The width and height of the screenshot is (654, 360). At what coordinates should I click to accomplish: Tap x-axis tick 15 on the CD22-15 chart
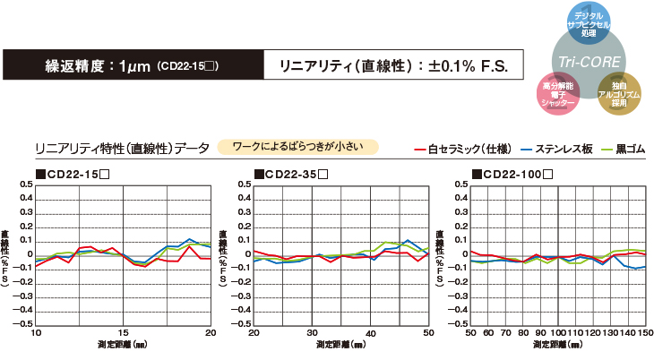tap(124, 332)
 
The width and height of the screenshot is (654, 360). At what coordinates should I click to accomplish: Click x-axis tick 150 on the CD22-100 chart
tap(646, 332)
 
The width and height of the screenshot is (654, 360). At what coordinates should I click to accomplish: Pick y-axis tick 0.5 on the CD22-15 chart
tap(26, 185)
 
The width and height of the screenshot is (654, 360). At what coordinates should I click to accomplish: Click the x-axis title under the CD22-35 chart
tap(340, 344)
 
